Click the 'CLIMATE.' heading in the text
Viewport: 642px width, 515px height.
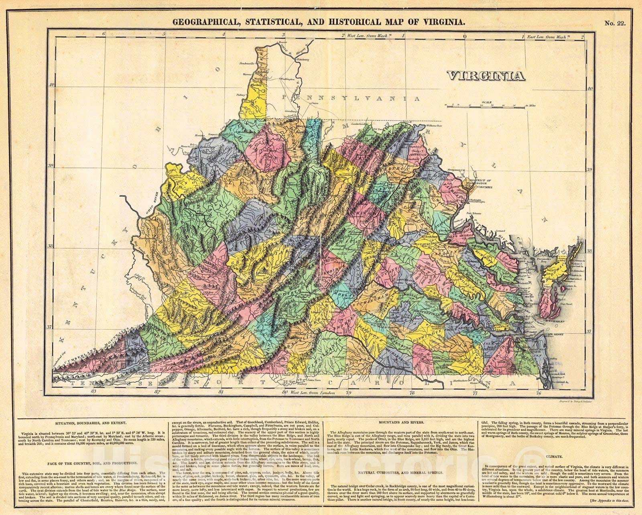[556, 456]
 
